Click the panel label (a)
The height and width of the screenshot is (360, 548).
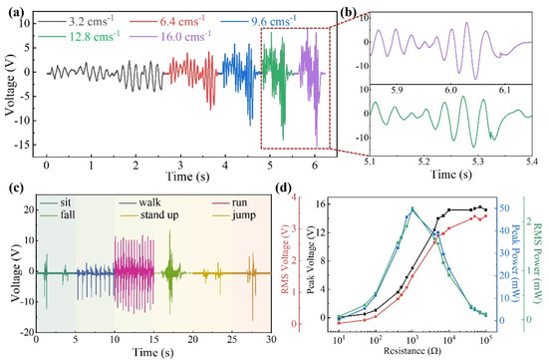13,9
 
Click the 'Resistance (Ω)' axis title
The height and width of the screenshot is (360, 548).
411,352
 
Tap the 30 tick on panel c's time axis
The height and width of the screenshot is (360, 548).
272,339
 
